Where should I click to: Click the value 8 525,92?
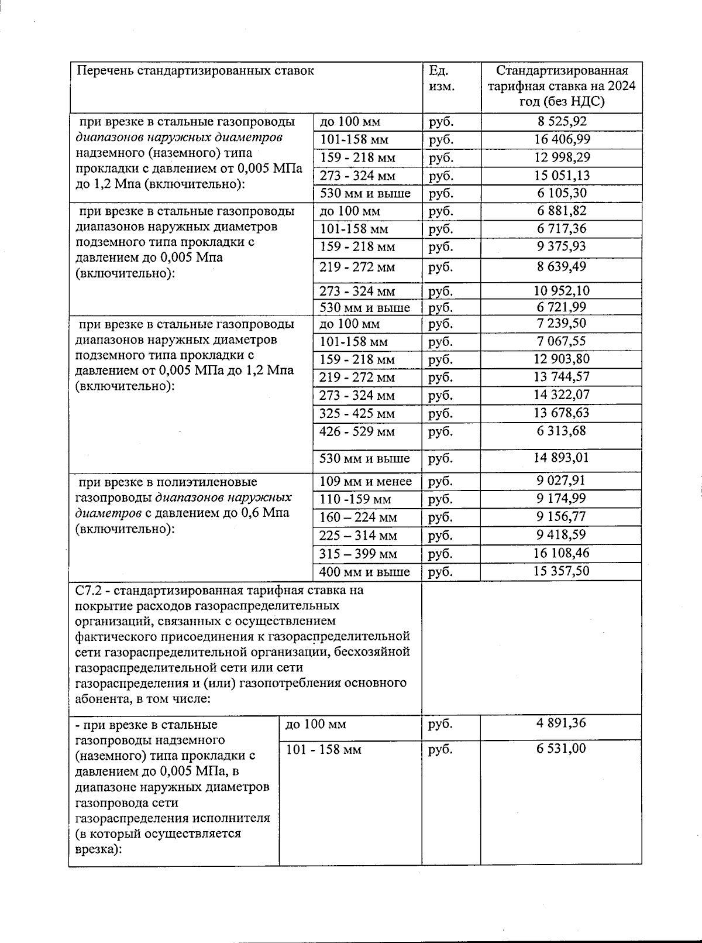pyautogui.click(x=561, y=122)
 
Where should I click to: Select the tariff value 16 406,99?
pyautogui.click(x=561, y=139)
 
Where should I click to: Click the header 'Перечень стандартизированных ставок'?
pyautogui.click(x=196, y=71)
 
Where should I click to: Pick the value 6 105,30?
pyautogui.click(x=561, y=193)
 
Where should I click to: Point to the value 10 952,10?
pyautogui.click(x=561, y=290)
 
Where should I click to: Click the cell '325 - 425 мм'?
pyautogui.click(x=357, y=414)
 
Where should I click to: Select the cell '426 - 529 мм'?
pyautogui.click(x=357, y=432)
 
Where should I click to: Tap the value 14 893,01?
pyautogui.click(x=561, y=458)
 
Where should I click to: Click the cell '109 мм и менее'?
pyautogui.click(x=366, y=482)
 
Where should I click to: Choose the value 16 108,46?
pyautogui.click(x=561, y=553)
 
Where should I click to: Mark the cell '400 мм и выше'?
pyautogui.click(x=364, y=572)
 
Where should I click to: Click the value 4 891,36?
pyautogui.click(x=561, y=723)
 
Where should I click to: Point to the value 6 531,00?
pyautogui.click(x=561, y=749)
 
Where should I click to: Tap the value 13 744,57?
pyautogui.click(x=561, y=377)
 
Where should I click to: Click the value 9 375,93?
pyautogui.click(x=561, y=246)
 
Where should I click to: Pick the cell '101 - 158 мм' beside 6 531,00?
pyautogui.click(x=324, y=750)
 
